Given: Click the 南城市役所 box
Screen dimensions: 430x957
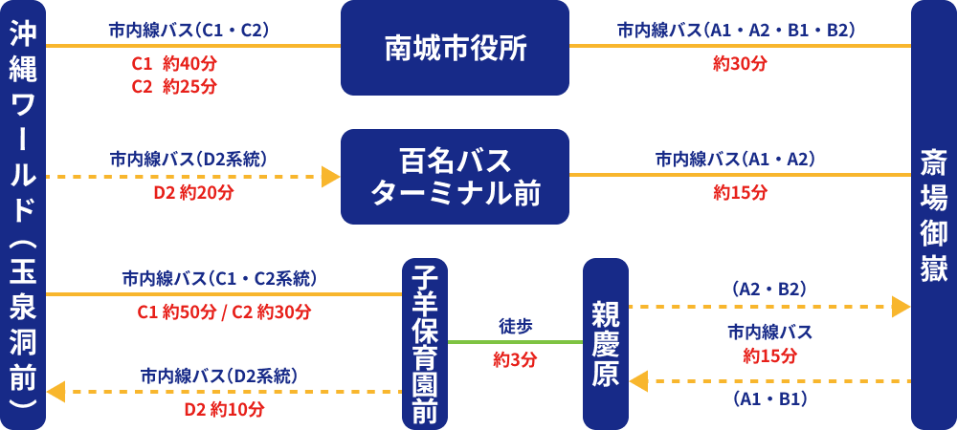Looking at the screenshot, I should (455, 48).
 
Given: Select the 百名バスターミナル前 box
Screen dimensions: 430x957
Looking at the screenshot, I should (455, 177).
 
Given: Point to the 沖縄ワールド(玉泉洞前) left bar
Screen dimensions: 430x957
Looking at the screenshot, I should (23, 215).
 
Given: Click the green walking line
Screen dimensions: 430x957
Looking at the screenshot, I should (515, 341).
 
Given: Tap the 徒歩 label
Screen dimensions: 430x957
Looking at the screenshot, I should (515, 326).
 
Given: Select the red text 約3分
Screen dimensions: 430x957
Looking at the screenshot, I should (515, 360).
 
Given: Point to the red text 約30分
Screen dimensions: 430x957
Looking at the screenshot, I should (740, 64).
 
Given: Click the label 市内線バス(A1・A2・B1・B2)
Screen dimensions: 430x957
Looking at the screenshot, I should (736, 30).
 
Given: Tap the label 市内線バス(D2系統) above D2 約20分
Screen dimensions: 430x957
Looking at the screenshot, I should (188, 158).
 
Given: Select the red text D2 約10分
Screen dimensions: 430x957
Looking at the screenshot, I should (224, 409).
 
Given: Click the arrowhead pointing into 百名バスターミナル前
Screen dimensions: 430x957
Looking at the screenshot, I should (331, 177).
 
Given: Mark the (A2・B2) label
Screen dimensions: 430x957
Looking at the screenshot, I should (768, 288).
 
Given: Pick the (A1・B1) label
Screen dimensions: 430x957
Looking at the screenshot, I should (768, 398).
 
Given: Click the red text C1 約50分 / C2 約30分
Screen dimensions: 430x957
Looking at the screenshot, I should (224, 312).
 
